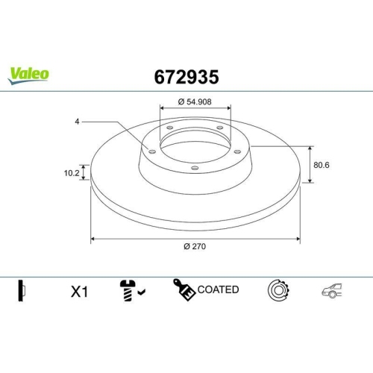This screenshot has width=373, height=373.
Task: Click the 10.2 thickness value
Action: pyautogui.click(x=71, y=172)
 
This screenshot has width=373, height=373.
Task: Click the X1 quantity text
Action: pyautogui.click(x=79, y=292)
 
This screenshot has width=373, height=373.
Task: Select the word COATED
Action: pyautogui.click(x=219, y=289)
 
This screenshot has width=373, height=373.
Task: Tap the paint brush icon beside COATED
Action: pyautogui.click(x=184, y=290)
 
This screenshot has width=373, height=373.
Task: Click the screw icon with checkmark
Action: pyautogui.click(x=131, y=291)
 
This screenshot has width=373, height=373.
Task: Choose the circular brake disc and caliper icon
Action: pyautogui.click(x=278, y=291)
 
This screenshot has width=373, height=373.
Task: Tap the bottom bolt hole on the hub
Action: pyautogui.click(x=195, y=168)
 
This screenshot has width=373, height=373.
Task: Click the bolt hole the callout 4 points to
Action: pyautogui.click(x=152, y=151)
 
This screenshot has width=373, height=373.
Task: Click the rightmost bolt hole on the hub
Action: pyautogui.click(x=239, y=151)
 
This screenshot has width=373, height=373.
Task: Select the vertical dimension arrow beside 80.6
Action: pyautogui.click(x=310, y=164)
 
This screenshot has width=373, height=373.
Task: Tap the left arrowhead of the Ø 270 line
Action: pyautogui.click(x=93, y=239)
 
